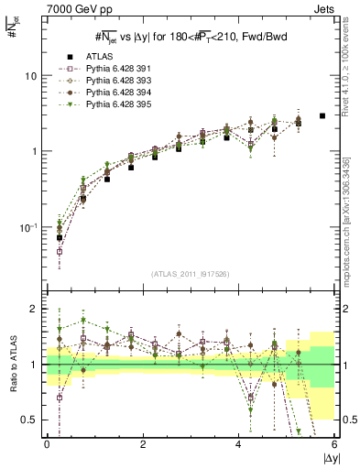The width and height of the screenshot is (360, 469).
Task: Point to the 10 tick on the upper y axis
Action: [x=30, y=76]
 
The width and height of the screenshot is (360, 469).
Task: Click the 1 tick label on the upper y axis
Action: [x=34, y=152]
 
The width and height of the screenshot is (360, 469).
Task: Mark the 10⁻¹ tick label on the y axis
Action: [x=28, y=227]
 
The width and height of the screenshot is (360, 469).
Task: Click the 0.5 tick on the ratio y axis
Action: [x=28, y=420]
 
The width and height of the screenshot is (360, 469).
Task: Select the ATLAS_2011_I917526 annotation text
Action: [x=191, y=274]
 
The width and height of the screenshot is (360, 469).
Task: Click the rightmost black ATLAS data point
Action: [x=322, y=116]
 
